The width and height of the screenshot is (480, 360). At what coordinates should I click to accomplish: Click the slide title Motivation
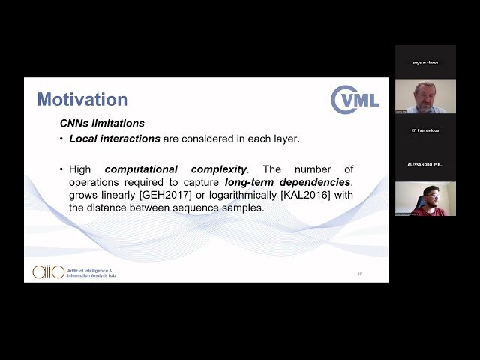82,99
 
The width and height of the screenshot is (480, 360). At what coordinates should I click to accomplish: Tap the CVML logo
355,100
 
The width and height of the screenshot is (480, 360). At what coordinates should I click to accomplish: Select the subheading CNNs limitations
102,123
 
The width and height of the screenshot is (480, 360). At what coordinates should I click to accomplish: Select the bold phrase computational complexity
176,169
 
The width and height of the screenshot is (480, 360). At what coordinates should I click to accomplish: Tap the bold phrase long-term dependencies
288,182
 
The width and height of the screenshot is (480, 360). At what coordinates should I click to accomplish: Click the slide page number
359,273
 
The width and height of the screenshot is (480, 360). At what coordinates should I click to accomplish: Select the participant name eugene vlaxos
425,61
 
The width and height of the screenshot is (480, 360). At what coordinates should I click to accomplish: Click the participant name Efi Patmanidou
425,129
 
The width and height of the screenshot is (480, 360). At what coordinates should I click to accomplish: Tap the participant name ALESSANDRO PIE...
425,164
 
